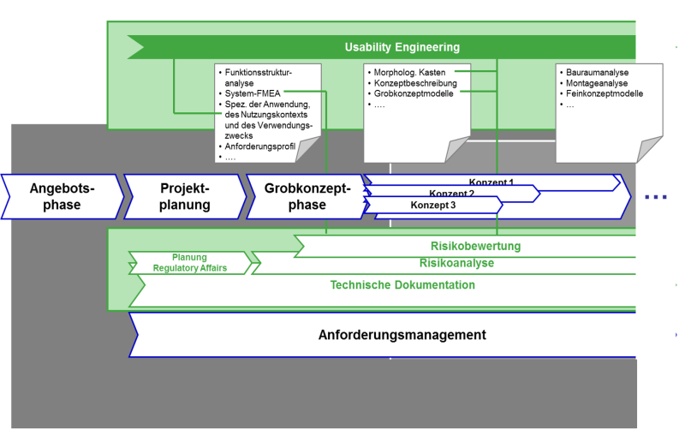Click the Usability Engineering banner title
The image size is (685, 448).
402,47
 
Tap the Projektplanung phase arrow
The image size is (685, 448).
184,196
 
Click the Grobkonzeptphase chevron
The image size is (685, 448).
307,196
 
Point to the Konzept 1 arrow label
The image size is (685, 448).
491,182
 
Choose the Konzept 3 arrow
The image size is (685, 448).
432,206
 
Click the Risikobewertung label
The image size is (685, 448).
476,247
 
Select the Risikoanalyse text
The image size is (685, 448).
456,263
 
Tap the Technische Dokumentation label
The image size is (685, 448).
402,284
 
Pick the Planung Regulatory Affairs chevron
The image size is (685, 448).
188,263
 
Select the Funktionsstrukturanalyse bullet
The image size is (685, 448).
258,78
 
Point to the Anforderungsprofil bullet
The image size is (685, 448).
259,146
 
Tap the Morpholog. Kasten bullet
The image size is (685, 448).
409,73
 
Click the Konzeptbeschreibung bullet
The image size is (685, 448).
414,83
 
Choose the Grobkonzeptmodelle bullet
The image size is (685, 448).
414,93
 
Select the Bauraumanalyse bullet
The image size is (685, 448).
600,73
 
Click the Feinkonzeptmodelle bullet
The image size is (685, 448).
604,93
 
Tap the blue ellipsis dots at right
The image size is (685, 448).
655,196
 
